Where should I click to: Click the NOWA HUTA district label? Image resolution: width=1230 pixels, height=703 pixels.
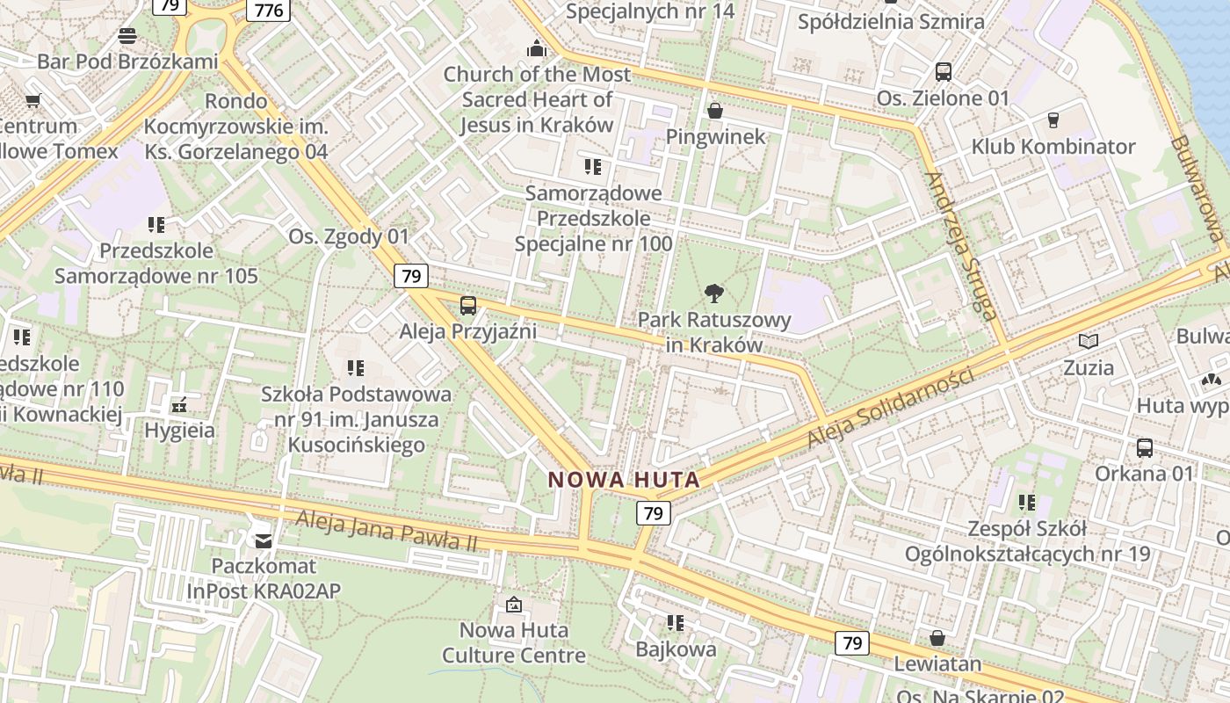pyautogui.click(x=624, y=480)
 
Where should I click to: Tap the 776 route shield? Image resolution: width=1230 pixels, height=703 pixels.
pyautogui.click(x=268, y=10)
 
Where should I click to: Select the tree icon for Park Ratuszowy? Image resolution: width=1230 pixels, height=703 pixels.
pyautogui.click(x=715, y=294)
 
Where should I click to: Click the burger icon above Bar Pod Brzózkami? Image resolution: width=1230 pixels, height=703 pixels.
pyautogui.click(x=127, y=36)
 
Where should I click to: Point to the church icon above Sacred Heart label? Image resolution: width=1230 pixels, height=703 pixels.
pyautogui.click(x=536, y=48)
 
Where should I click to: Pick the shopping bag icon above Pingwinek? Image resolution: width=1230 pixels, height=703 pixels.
pyautogui.click(x=715, y=111)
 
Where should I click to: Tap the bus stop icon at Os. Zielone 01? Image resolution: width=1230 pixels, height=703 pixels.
pyautogui.click(x=944, y=72)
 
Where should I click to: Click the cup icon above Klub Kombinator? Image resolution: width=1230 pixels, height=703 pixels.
pyautogui.click(x=1053, y=120)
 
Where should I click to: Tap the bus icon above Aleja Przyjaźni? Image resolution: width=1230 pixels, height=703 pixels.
pyautogui.click(x=468, y=306)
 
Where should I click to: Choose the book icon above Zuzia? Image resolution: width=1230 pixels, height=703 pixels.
pyautogui.click(x=1089, y=341)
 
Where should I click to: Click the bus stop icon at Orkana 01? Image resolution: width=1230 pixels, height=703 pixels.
pyautogui.click(x=1145, y=448)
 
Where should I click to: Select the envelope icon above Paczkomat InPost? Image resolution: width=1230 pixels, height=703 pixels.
pyautogui.click(x=263, y=540)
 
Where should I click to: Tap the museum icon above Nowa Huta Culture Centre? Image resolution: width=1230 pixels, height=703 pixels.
pyautogui.click(x=513, y=605)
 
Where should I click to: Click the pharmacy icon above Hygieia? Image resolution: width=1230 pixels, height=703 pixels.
pyautogui.click(x=179, y=405)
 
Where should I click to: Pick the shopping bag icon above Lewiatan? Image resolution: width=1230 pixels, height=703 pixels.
pyautogui.click(x=937, y=638)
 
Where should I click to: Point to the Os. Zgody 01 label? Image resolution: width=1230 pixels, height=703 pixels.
pyautogui.click(x=349, y=236)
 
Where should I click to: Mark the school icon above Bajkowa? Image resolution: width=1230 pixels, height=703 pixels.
pyautogui.click(x=676, y=623)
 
